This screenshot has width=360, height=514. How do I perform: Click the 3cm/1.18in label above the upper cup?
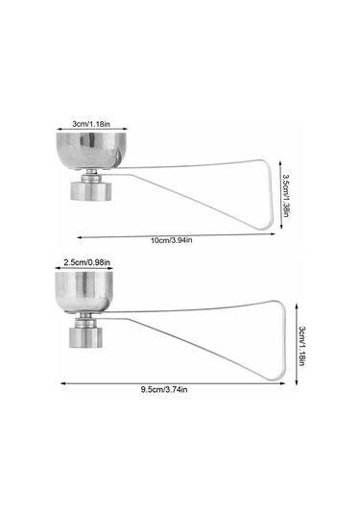[91, 124]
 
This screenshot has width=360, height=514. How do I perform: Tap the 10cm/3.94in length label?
[171, 240]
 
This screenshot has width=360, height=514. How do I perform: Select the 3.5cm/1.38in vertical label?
[285, 195]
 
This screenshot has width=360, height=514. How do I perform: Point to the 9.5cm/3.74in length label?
[164, 390]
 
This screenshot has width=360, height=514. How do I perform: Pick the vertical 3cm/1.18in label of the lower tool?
[301, 346]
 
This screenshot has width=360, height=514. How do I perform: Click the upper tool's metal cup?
[91, 151]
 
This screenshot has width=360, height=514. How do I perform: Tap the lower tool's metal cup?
[84, 291]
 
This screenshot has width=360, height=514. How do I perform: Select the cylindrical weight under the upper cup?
[91, 191]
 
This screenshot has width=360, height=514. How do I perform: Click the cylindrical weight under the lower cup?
[85, 337]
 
